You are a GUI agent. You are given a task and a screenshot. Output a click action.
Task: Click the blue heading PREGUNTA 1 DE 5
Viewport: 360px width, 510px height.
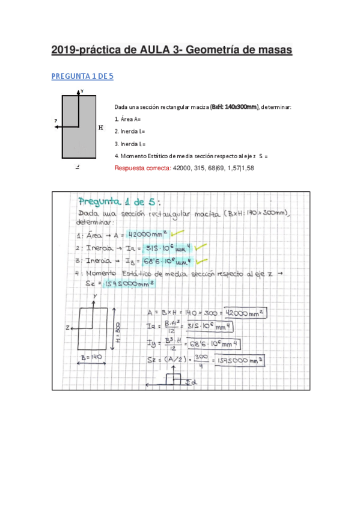pos(82,76)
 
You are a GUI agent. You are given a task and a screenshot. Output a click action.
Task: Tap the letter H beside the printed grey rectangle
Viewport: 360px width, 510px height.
pos(100,127)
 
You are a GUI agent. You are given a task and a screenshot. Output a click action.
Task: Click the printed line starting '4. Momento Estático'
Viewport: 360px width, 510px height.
pos(191,156)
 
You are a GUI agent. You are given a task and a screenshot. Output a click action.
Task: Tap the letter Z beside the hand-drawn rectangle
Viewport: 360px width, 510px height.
pos(70,327)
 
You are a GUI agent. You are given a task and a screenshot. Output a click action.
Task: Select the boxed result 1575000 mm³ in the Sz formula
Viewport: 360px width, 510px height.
pos(245,360)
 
